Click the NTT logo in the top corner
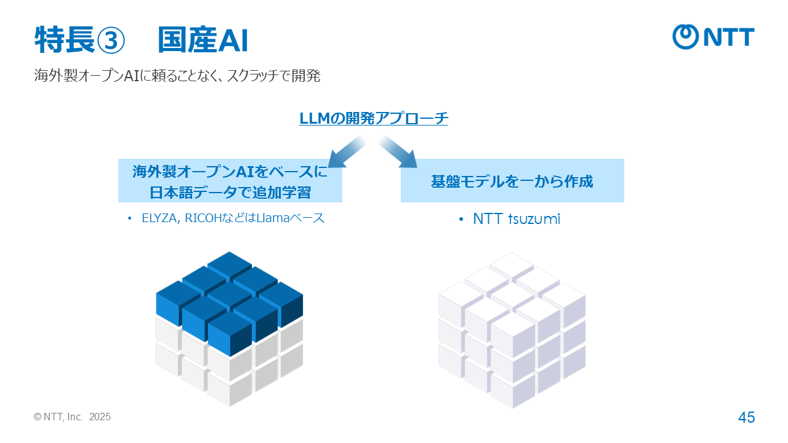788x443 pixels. (714, 37)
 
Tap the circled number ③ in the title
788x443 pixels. (110, 41)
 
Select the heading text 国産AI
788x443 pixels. (203, 40)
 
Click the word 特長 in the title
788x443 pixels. (65, 40)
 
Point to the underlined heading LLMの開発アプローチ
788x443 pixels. (374, 118)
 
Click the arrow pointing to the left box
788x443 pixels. (347, 152)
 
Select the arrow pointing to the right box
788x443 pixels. (398, 152)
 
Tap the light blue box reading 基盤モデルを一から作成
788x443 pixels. (512, 180)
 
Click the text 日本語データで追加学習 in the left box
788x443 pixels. (230, 193)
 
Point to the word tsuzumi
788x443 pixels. (534, 219)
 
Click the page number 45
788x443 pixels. (747, 417)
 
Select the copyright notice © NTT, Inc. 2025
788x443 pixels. (72, 417)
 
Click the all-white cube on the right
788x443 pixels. (512, 330)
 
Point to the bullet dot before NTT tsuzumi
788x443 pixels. (461, 220)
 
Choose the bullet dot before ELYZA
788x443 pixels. (129, 218)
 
